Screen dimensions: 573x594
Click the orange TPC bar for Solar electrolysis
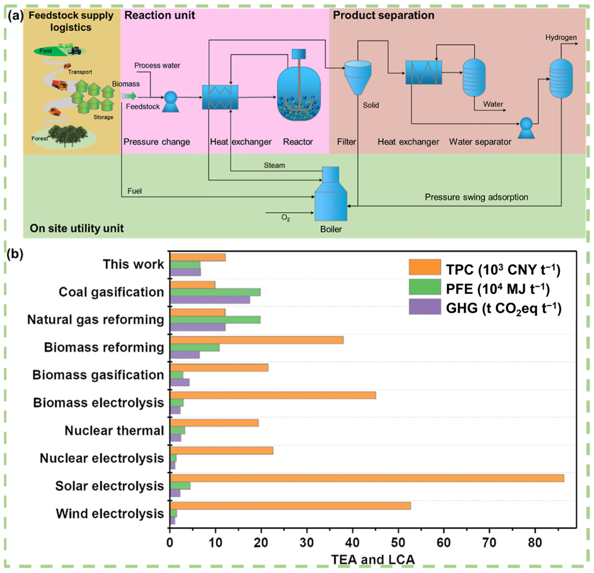point(367,478)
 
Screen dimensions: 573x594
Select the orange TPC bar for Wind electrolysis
point(290,506)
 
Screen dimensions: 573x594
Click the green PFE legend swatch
point(425,287)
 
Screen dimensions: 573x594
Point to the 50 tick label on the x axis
point(398,542)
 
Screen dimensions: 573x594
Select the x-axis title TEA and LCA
point(373,559)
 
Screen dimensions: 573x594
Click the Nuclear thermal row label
point(114,431)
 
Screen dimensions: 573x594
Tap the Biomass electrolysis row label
point(99,403)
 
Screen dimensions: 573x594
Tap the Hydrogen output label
point(561,37)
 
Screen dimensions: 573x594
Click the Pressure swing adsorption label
point(476,197)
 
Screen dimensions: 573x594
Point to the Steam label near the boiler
point(274,165)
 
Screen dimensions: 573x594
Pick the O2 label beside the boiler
point(285,218)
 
